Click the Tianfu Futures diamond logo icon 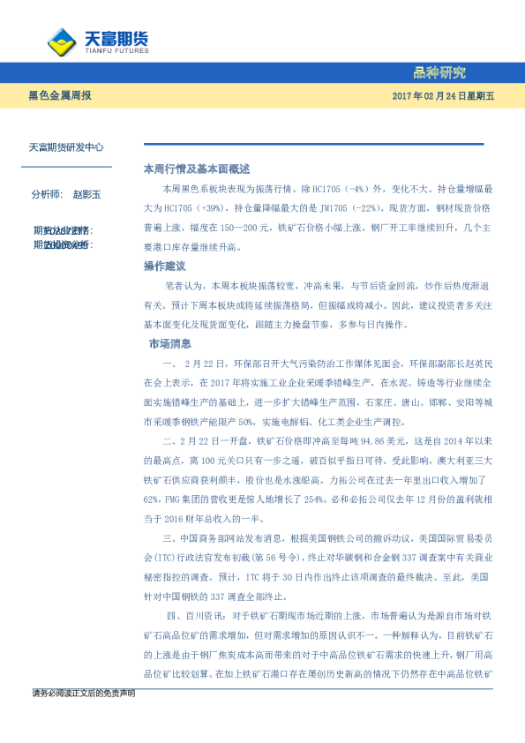click(x=60, y=41)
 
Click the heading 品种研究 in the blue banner click(x=439, y=72)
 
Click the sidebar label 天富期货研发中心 click(x=66, y=148)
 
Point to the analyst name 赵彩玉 click(x=87, y=193)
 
